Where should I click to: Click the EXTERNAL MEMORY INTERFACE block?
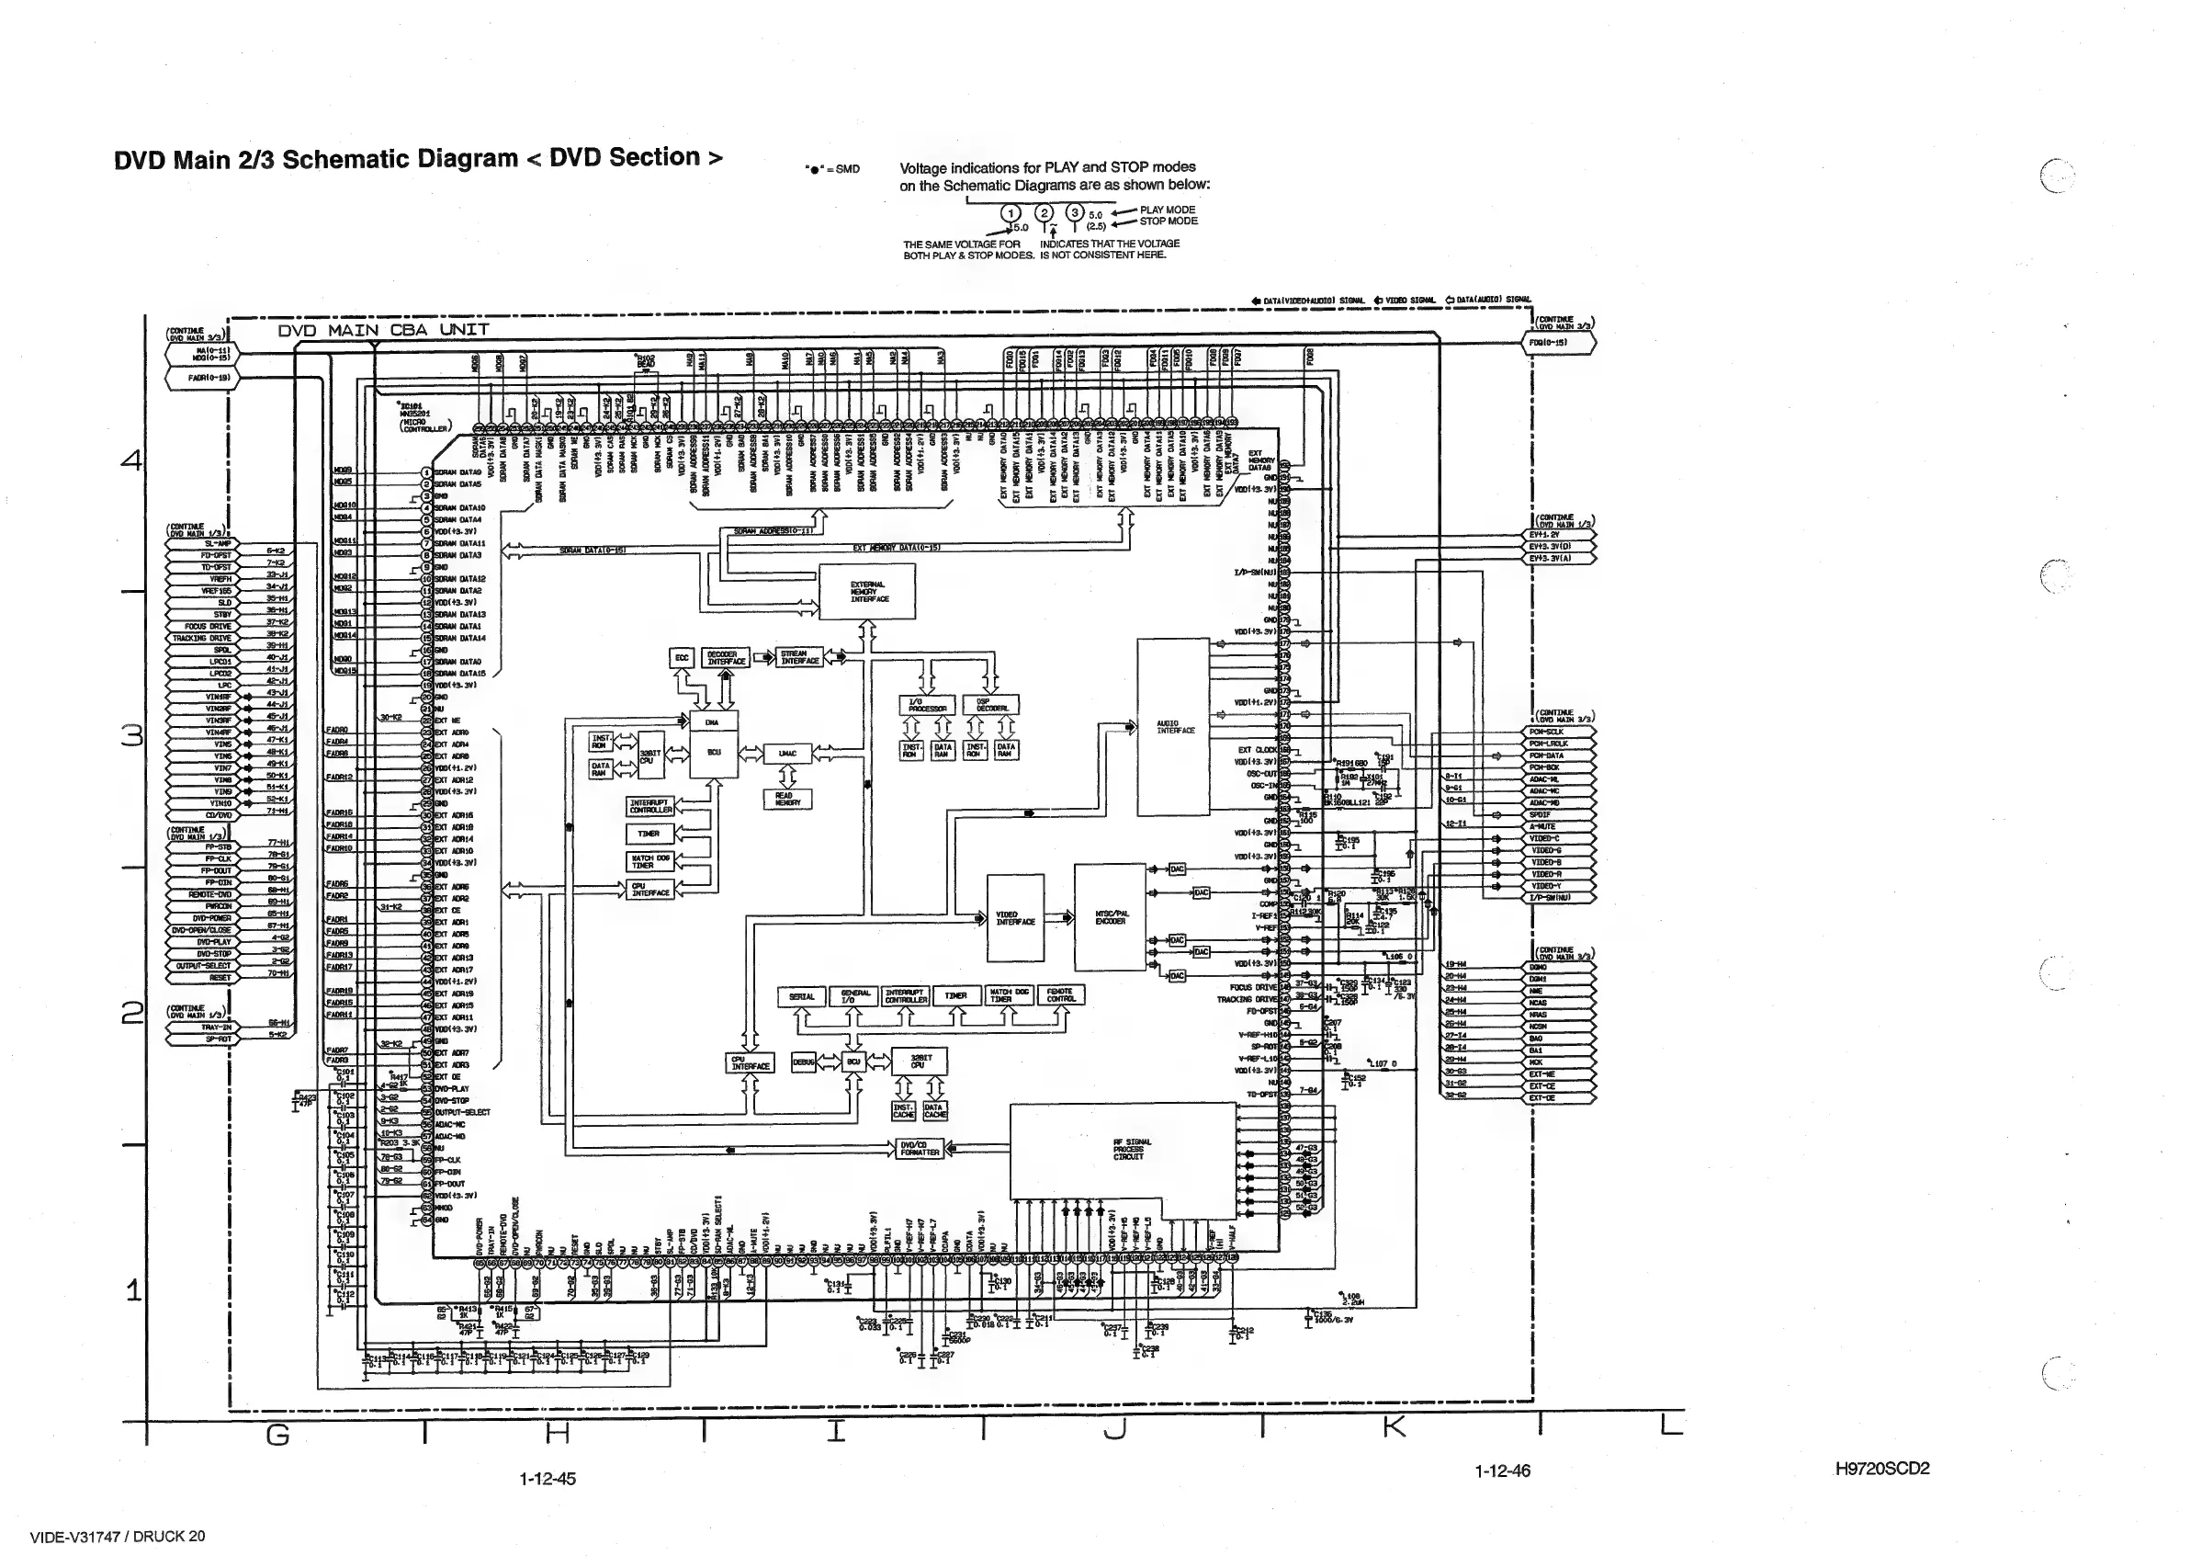click(x=868, y=592)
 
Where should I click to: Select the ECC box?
click(x=682, y=658)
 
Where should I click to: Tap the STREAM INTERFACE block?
click(x=800, y=657)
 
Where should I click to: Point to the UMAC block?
click(x=787, y=754)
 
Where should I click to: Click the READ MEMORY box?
click(x=787, y=799)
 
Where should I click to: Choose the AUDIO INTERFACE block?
click(x=1174, y=728)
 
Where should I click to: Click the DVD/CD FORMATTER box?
click(x=919, y=1148)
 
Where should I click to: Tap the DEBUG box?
click(x=804, y=1062)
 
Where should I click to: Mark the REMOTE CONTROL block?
click(x=1061, y=994)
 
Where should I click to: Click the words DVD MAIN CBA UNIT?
click(x=383, y=331)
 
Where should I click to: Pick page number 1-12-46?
click(x=1502, y=1471)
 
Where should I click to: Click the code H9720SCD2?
click(x=1881, y=1469)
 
